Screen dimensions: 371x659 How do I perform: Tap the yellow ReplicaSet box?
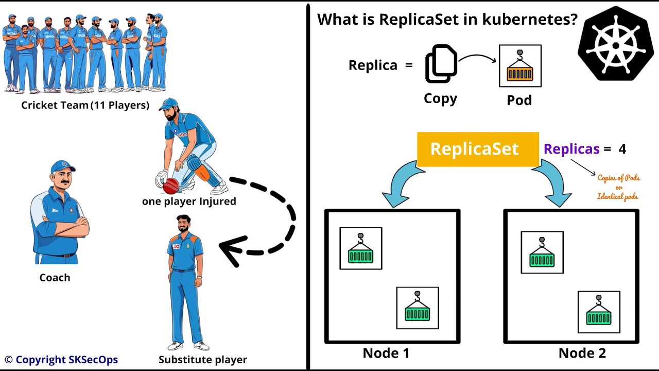coord(474,149)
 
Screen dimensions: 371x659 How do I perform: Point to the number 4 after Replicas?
coord(622,149)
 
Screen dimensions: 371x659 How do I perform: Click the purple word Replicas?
coord(571,149)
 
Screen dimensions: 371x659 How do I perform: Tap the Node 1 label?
coord(386,353)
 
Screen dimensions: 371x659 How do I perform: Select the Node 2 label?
coord(582,353)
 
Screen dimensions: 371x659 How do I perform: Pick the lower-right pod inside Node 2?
coord(598,312)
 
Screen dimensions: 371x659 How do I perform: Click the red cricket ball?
coord(171,185)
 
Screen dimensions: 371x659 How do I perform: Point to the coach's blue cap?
coord(63,167)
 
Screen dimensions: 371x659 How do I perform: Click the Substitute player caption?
coord(202,360)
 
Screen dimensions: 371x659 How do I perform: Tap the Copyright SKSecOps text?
coord(61,360)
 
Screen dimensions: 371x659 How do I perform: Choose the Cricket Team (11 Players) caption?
coord(85,106)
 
